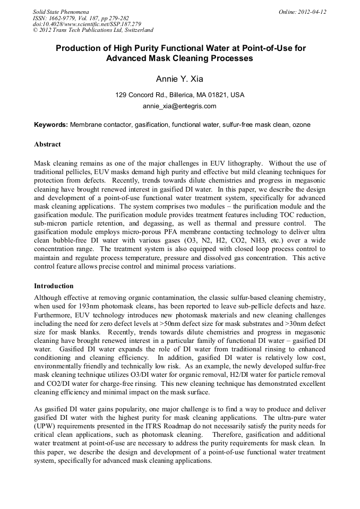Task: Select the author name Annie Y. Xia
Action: point(179,79)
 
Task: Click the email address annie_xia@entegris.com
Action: point(179,106)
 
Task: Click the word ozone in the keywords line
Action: point(301,125)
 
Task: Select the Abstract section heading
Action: point(47,144)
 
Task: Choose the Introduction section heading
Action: point(54,286)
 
